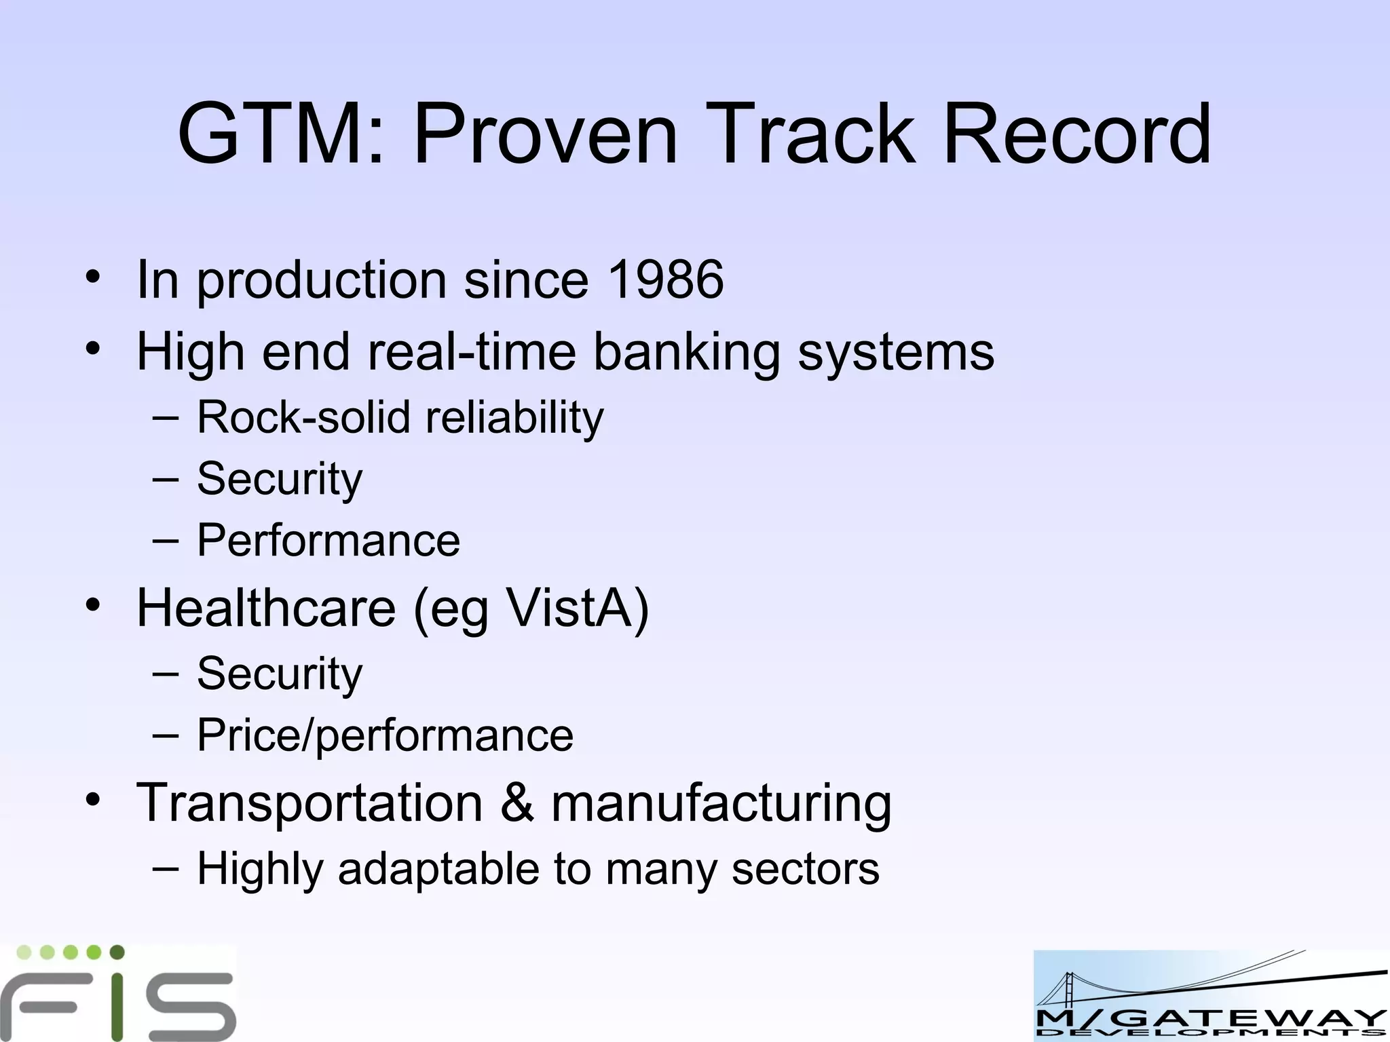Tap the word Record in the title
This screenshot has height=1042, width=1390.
[x=1076, y=134]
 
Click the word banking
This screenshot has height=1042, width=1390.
[x=687, y=352]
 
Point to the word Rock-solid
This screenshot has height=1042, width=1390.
[x=303, y=417]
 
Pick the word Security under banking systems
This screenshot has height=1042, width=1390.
[x=280, y=480]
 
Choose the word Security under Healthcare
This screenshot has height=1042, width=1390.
[x=280, y=674]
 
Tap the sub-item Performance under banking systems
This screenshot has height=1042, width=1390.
[x=328, y=541]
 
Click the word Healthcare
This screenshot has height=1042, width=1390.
[x=266, y=608]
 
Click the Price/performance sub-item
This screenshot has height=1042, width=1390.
[x=385, y=736]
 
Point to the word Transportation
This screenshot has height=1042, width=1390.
[x=309, y=803]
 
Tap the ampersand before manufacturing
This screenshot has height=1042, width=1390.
[x=517, y=803]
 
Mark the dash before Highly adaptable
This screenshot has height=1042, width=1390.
[x=166, y=868]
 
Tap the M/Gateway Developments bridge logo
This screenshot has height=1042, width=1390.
[x=1210, y=995]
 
